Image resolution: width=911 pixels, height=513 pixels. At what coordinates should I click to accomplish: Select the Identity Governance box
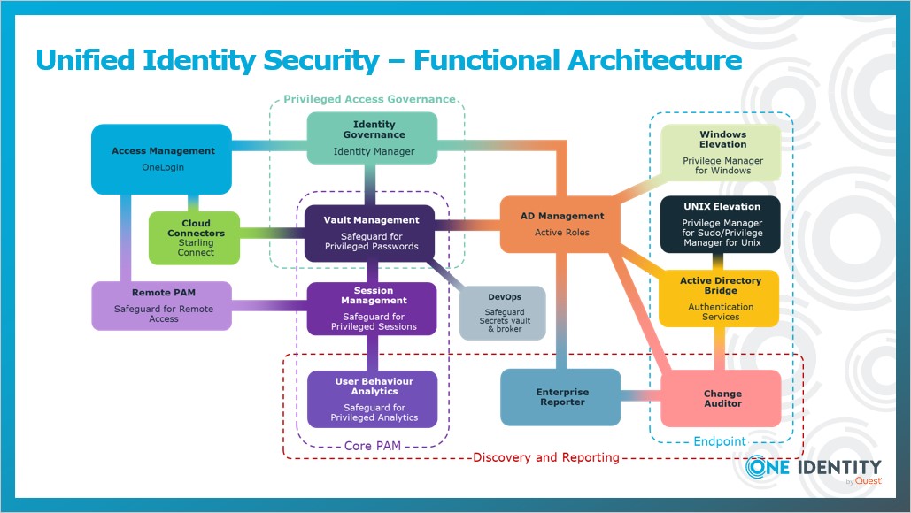(x=373, y=139)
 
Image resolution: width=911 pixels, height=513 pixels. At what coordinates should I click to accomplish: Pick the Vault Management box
(x=369, y=233)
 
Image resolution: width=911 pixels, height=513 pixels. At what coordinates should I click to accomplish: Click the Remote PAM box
(x=162, y=305)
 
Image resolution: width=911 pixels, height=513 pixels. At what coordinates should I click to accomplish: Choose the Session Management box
(x=372, y=309)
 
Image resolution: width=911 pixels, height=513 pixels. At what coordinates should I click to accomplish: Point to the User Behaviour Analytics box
(x=372, y=399)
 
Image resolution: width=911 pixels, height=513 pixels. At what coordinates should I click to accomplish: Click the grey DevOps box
(x=502, y=312)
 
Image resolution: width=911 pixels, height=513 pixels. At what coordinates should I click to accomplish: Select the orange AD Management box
(x=560, y=223)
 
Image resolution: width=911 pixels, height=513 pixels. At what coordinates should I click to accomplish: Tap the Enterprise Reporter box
(x=560, y=397)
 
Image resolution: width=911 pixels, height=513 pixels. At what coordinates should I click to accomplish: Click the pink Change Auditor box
(x=722, y=399)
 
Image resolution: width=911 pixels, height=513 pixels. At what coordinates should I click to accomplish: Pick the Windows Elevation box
(x=721, y=152)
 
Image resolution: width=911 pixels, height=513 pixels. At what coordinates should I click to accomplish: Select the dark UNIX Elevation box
(x=721, y=225)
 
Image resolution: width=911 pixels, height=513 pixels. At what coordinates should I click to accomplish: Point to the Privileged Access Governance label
(x=369, y=100)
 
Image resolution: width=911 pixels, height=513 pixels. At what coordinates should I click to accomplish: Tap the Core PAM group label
(x=371, y=446)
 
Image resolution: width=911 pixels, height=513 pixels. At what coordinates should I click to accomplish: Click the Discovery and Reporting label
(x=545, y=457)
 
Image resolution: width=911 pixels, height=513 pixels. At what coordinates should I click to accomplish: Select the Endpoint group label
(x=719, y=440)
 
